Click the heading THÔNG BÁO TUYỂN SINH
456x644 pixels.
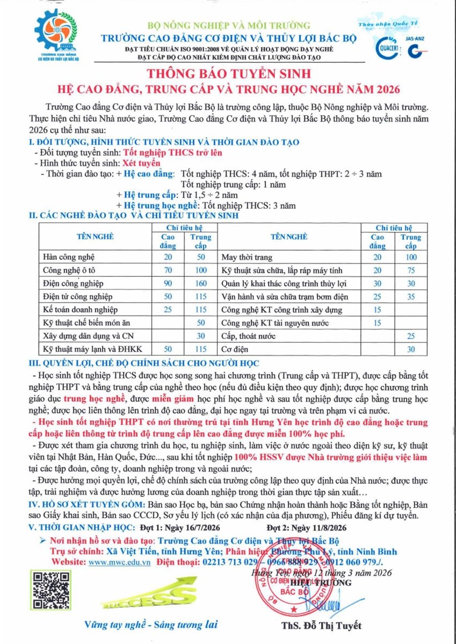[x=228, y=72]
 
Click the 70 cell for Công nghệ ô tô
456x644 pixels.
[x=168, y=270]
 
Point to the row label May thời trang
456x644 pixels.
[x=247, y=257]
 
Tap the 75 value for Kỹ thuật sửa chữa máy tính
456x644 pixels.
[x=411, y=270]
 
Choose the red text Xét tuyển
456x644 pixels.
[x=142, y=162]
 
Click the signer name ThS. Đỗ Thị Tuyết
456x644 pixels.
[x=321, y=625]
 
